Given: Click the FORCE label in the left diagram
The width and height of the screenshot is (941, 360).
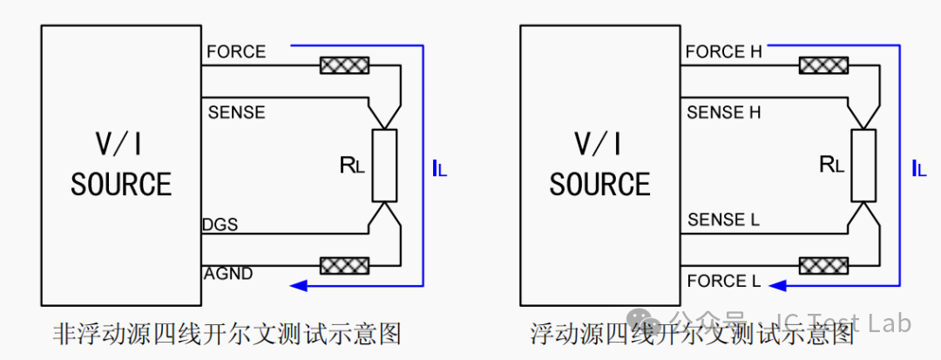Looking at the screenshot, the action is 236,51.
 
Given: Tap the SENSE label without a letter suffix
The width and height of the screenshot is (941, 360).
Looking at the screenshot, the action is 236,112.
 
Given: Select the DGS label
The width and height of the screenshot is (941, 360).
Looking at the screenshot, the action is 220,225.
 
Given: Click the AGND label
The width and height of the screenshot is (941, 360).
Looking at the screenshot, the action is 228,275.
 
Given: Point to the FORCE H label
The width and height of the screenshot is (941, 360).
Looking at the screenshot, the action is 724,52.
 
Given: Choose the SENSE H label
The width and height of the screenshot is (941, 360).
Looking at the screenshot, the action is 724,112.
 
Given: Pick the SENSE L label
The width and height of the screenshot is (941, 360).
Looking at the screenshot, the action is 723,220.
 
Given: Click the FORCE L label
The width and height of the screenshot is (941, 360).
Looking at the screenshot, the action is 724,280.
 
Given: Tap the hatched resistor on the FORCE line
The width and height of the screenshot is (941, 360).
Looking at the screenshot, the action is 344,65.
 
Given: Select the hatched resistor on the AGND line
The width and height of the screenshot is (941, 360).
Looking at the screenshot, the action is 344,265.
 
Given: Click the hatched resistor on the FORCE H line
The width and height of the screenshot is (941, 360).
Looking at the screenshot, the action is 823,65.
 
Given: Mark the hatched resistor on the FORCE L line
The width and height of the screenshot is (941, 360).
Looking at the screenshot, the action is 823,265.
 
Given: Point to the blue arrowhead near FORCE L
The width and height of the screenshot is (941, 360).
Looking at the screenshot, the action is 777,286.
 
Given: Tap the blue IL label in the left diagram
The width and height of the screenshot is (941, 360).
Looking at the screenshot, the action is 439,169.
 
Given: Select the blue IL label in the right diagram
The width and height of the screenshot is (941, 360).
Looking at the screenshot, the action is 919,169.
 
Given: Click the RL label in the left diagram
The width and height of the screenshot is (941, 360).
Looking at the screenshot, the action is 352,165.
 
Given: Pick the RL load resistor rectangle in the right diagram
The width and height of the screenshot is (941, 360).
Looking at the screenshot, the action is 863,165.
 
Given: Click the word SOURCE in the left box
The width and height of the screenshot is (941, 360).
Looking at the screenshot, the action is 121,184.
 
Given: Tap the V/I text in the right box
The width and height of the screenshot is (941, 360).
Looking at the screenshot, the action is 599,144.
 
